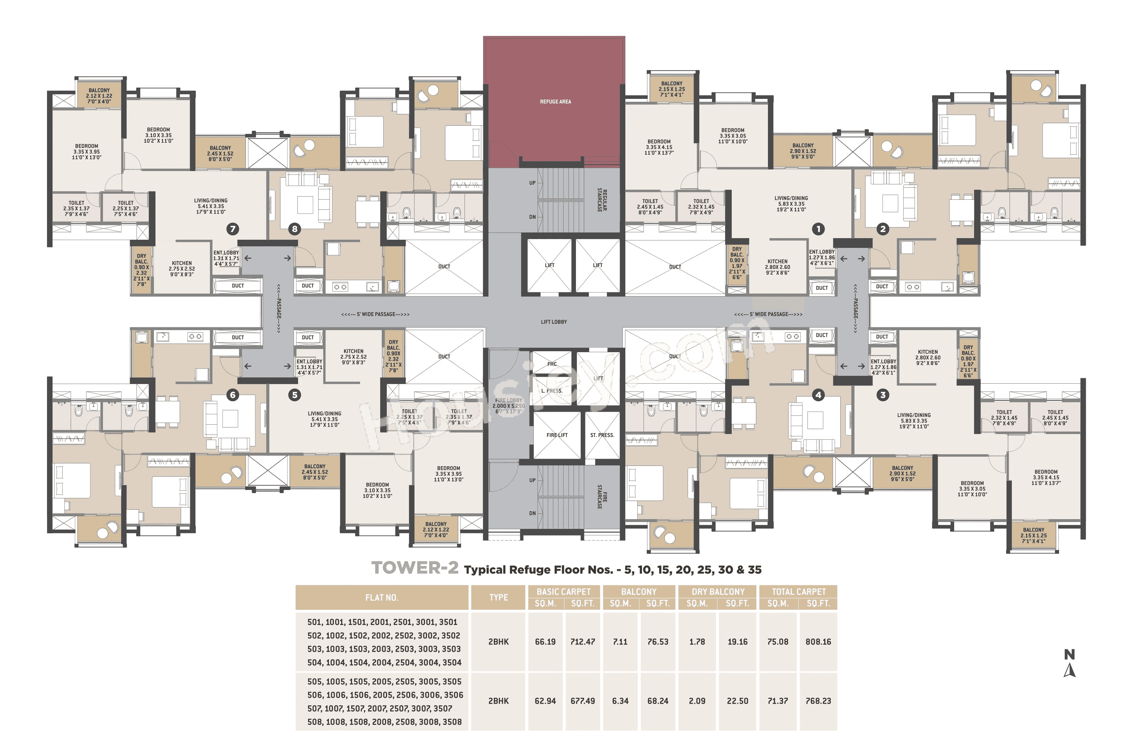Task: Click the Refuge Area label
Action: tap(555, 102)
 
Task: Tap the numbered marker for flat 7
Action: tap(233, 229)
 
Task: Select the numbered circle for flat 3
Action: tap(882, 395)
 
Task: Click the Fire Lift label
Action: tap(557, 435)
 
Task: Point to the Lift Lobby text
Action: tap(554, 322)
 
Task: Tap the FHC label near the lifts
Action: tap(552, 364)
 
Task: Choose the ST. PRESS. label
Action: tap(602, 435)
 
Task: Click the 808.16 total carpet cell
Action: tap(818, 642)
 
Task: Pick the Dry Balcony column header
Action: tap(718, 592)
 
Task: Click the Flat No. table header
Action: tap(381, 597)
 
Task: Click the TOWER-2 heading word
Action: tap(414, 568)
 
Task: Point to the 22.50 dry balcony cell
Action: tap(737, 701)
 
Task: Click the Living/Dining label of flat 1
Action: tap(791, 203)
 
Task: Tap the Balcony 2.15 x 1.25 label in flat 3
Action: tap(1033, 535)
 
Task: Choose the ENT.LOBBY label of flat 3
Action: tap(883, 366)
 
